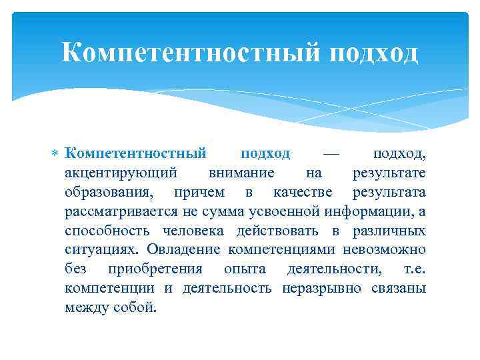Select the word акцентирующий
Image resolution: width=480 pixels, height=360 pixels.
tap(121, 173)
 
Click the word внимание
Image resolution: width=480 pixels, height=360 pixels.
tap(241, 173)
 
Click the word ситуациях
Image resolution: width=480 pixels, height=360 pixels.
tap(97, 250)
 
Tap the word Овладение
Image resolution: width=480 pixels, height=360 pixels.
tap(181, 250)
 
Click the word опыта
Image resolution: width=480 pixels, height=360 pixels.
tap(245, 269)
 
